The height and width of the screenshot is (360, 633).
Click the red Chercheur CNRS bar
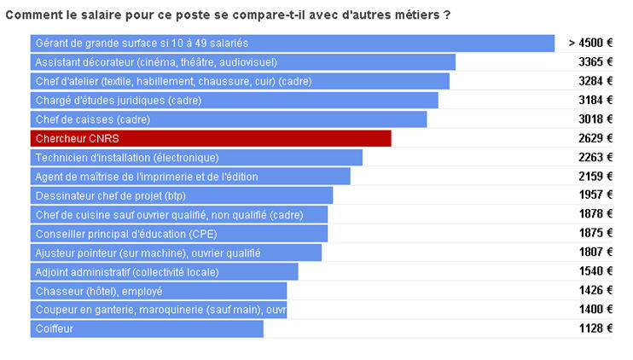click(x=211, y=138)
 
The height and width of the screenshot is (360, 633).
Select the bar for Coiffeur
click(x=147, y=328)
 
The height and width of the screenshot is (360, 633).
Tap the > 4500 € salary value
click(x=590, y=43)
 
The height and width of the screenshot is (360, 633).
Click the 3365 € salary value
click(x=595, y=62)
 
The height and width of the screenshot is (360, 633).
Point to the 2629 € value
click(x=595, y=138)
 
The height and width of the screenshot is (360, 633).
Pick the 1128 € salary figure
click(x=595, y=328)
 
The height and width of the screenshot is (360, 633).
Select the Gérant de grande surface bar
click(x=293, y=43)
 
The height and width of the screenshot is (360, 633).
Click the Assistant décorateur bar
click(x=243, y=62)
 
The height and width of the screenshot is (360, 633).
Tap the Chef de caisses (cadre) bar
click(x=229, y=119)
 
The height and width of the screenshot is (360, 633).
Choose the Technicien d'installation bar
click(x=196, y=157)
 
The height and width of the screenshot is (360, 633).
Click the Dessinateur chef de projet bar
click(x=182, y=195)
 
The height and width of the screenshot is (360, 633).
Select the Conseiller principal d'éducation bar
click(x=179, y=234)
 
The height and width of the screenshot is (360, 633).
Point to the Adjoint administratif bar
click(x=165, y=271)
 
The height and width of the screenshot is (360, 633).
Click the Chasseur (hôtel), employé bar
click(x=159, y=291)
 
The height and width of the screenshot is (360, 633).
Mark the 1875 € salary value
click(x=595, y=234)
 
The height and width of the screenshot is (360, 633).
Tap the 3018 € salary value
click(x=595, y=119)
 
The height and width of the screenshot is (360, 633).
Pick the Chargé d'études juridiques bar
click(x=235, y=100)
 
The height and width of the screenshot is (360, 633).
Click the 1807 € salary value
click(x=595, y=253)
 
